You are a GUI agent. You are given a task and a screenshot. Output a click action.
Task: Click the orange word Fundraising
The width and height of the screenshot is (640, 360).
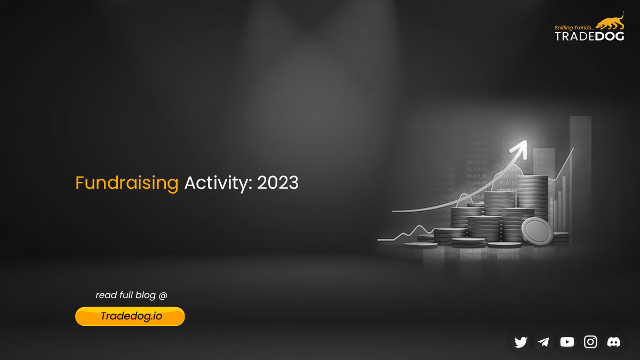click(x=126, y=183)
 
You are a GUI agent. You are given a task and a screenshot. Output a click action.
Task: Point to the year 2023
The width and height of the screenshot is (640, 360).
click(x=277, y=183)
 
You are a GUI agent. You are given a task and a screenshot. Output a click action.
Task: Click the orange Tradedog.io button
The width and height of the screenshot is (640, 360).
click(x=130, y=316)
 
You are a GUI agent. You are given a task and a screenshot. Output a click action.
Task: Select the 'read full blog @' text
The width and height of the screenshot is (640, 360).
click(x=131, y=295)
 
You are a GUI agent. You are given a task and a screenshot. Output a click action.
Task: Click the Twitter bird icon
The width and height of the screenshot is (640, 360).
click(x=521, y=342)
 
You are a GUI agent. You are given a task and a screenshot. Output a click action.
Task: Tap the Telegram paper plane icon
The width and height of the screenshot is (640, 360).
click(x=543, y=342)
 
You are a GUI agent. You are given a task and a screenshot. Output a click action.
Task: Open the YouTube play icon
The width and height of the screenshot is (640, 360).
click(x=567, y=342)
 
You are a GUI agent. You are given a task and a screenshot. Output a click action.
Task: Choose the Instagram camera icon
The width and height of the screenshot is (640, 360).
click(x=590, y=342)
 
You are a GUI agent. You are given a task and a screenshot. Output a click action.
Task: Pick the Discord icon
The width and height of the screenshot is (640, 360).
click(x=613, y=342)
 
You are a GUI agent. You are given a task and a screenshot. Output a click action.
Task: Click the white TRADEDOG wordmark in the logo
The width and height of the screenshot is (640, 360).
click(x=589, y=36)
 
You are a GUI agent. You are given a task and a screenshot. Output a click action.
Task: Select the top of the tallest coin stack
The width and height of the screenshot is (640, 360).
click(x=532, y=179)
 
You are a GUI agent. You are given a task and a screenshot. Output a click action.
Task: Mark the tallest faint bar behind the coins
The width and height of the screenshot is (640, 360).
click(x=580, y=160)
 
